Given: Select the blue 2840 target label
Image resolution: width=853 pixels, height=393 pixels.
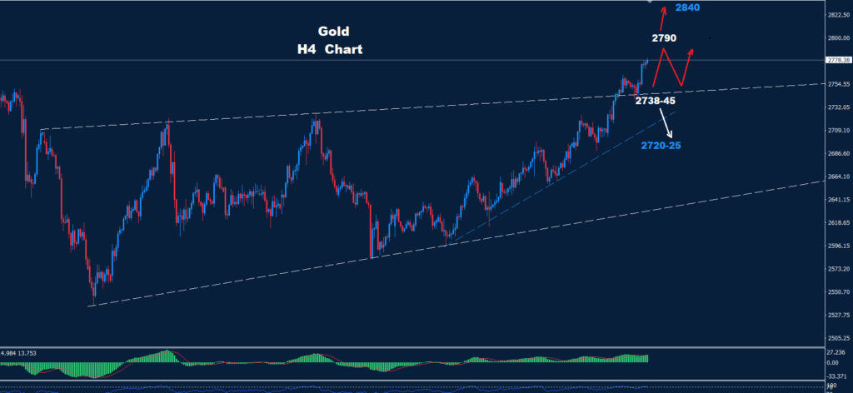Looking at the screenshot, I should [x=687, y=7].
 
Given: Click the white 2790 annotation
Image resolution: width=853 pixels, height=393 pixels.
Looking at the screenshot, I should [x=664, y=38].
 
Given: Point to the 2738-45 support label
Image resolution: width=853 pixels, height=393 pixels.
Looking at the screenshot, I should [x=656, y=101].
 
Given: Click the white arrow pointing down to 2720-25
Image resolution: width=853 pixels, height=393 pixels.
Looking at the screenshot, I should [x=666, y=124].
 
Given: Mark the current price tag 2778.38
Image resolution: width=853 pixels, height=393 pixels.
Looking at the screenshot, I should [x=836, y=61].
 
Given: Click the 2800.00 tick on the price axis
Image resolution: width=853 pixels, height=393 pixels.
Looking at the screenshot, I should [x=836, y=38].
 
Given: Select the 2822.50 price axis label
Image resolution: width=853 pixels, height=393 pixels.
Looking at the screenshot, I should [x=836, y=15].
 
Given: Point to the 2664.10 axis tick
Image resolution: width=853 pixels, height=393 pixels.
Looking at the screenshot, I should [x=836, y=177].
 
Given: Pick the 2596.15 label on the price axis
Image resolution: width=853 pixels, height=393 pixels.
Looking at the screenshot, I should [x=836, y=246].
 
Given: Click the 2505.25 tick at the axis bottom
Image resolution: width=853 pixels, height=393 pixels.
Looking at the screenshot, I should [x=836, y=338].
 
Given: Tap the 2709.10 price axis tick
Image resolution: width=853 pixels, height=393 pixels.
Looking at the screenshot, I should [x=836, y=131].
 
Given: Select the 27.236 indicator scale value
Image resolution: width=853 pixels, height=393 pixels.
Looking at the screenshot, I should [x=835, y=353].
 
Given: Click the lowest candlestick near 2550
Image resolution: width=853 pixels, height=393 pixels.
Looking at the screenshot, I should [x=93, y=296].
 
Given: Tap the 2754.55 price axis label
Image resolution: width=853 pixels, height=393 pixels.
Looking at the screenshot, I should [x=836, y=84].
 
